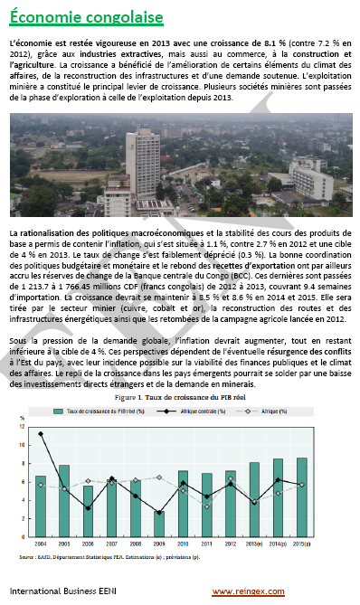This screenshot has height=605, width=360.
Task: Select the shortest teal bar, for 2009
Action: pos(158,524)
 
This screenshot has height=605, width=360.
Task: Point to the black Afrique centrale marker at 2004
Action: pos(40,434)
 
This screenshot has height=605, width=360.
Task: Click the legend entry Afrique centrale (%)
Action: pos(204,411)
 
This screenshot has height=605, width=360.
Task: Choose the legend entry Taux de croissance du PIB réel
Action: pos(99,411)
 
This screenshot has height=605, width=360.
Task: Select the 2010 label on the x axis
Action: pos(182,545)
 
